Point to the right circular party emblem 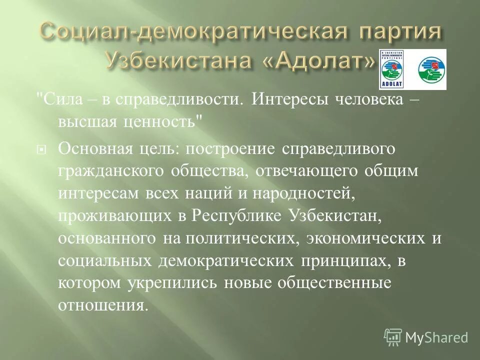point(431,69)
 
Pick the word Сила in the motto point(55,99)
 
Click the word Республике point(222,215)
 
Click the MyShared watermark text point(436,337)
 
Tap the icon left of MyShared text point(393,337)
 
